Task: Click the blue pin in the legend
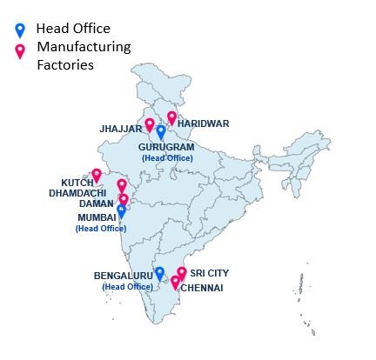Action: (x=21, y=30)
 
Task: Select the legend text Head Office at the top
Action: (x=73, y=28)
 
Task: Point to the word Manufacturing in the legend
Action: (x=84, y=46)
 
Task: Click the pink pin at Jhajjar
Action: (x=150, y=124)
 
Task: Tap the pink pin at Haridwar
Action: (x=171, y=117)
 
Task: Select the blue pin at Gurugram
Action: (x=161, y=132)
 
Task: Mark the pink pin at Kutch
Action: (x=97, y=175)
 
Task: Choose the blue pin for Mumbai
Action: (x=121, y=210)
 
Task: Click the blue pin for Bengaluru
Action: (x=159, y=273)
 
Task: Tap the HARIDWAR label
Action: (x=204, y=123)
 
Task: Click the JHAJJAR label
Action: (x=121, y=129)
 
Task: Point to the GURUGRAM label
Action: (x=165, y=148)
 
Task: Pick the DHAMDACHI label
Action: (x=77, y=192)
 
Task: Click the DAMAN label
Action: (x=96, y=203)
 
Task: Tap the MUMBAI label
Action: (x=96, y=217)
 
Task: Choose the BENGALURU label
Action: (x=123, y=276)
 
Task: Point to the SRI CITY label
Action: (x=210, y=273)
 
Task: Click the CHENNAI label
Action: (x=203, y=288)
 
